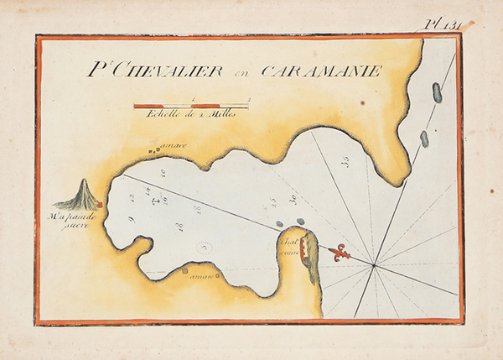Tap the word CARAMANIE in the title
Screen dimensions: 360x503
click(x=322, y=71)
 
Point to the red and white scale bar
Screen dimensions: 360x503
click(x=190, y=105)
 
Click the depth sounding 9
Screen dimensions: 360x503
click(x=132, y=221)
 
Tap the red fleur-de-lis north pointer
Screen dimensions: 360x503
click(x=340, y=252)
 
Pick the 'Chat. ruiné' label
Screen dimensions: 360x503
click(x=290, y=245)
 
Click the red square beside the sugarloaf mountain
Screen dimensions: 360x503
click(x=100, y=204)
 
